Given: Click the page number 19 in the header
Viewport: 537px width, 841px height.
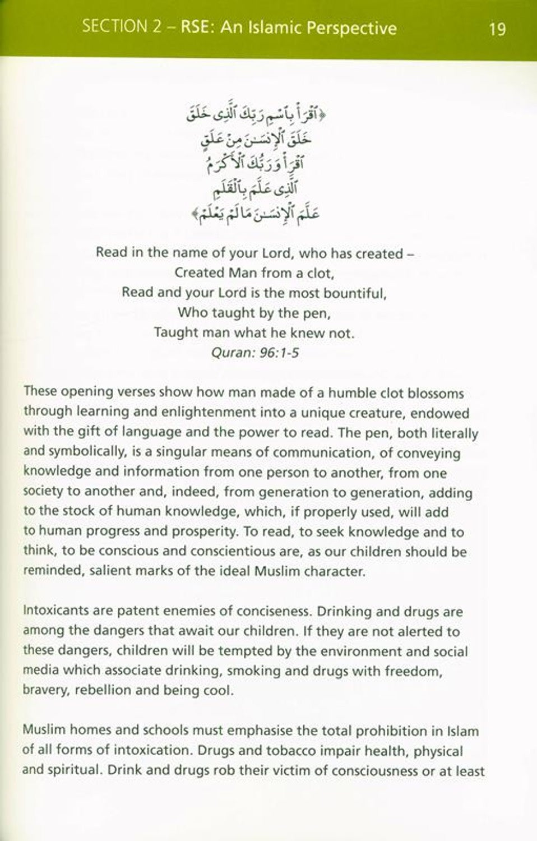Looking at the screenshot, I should click(x=497, y=29).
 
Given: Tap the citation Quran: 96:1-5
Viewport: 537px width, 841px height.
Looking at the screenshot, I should click(x=256, y=353).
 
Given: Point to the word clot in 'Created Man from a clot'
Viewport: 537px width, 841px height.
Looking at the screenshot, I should click(x=319, y=274).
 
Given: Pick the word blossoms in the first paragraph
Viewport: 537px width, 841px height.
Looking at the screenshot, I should click(x=436, y=393).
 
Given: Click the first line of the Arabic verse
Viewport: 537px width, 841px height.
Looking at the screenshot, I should click(x=256, y=115).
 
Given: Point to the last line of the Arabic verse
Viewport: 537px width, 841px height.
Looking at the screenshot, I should click(x=256, y=214).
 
